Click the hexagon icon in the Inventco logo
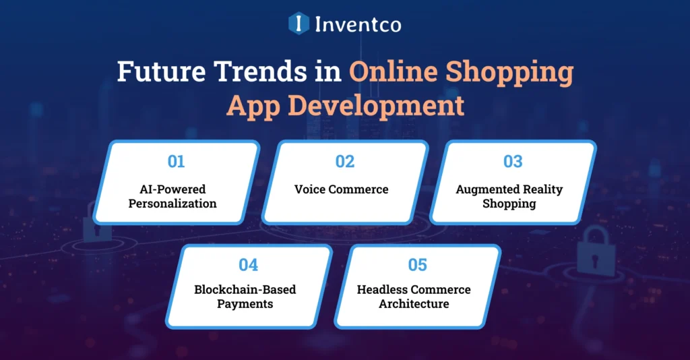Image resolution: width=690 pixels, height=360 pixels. (298, 24)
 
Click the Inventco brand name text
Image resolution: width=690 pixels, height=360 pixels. (357, 25)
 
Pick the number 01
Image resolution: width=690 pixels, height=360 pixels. (177, 162)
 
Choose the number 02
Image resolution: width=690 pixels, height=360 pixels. (344, 162)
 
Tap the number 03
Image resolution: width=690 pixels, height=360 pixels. (513, 162)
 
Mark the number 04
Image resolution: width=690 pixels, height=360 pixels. (249, 265)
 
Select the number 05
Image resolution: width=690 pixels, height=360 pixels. (417, 265)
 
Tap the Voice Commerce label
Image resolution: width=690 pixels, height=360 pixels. (341, 189)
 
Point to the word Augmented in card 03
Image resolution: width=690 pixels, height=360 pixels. (487, 189)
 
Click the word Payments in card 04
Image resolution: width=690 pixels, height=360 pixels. (245, 304)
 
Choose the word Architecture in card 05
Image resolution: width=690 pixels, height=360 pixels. (414, 304)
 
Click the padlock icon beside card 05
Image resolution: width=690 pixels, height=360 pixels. (596, 249)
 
